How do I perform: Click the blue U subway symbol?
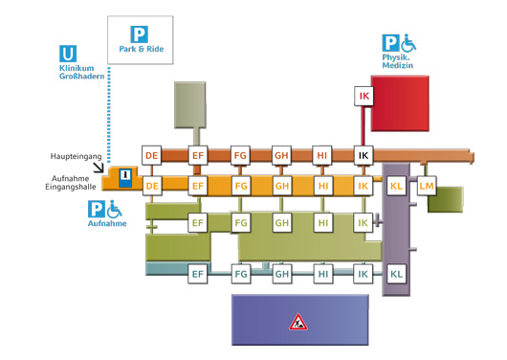pyautogui.click(x=68, y=54)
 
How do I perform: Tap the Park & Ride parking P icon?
pyautogui.click(x=139, y=34)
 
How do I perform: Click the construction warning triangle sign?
pyautogui.click(x=298, y=322)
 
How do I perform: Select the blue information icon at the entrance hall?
pyautogui.click(x=125, y=178)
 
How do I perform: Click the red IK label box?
pyautogui.click(x=364, y=96)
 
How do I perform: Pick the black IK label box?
pyautogui.click(x=364, y=155)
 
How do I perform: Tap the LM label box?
pyautogui.click(x=427, y=186)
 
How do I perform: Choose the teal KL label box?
pyautogui.click(x=396, y=274)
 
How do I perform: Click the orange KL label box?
pyautogui.click(x=396, y=186)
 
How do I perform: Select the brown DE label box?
pyautogui.click(x=152, y=155)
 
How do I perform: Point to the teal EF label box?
pyautogui.click(x=198, y=274)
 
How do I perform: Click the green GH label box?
pyautogui.click(x=281, y=223)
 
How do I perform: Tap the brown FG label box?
pyautogui.click(x=240, y=155)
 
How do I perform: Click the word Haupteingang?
pyautogui.click(x=76, y=156)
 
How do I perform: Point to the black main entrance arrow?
pyautogui.click(x=99, y=168)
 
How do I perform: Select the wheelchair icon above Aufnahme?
pyautogui.click(x=114, y=209)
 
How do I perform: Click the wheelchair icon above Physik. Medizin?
pyautogui.click(x=408, y=43)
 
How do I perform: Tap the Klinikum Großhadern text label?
pyautogui.click(x=82, y=72)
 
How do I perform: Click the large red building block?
pyautogui.click(x=400, y=103)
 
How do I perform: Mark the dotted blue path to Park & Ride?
pyautogui.click(x=109, y=115)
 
